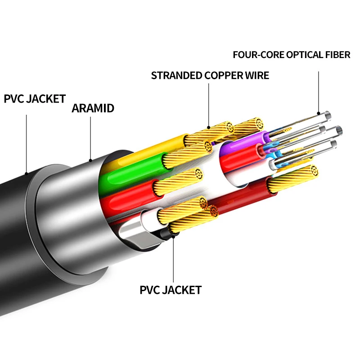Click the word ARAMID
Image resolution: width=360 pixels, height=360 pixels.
click(x=93, y=108)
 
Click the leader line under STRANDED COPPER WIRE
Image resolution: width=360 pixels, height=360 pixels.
click(x=209, y=103)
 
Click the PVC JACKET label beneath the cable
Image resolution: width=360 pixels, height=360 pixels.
click(x=171, y=290)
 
